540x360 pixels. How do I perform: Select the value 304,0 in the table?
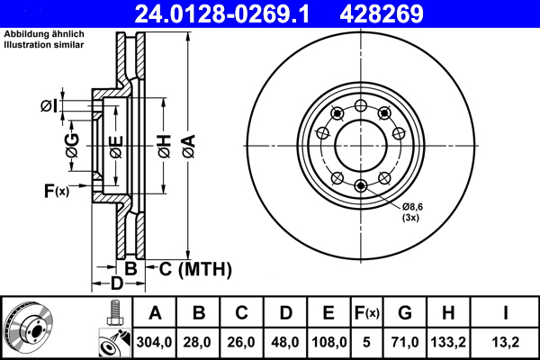(155, 343)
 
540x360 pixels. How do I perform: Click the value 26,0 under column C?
(242, 343)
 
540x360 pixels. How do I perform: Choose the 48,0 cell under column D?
(285, 343)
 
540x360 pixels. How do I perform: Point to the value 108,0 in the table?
(328, 343)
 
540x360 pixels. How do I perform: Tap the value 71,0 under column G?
(406, 343)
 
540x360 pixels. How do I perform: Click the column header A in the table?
(155, 313)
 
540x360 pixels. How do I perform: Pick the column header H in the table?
(449, 313)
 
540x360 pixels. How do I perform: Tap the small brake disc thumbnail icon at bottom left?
(30, 326)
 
